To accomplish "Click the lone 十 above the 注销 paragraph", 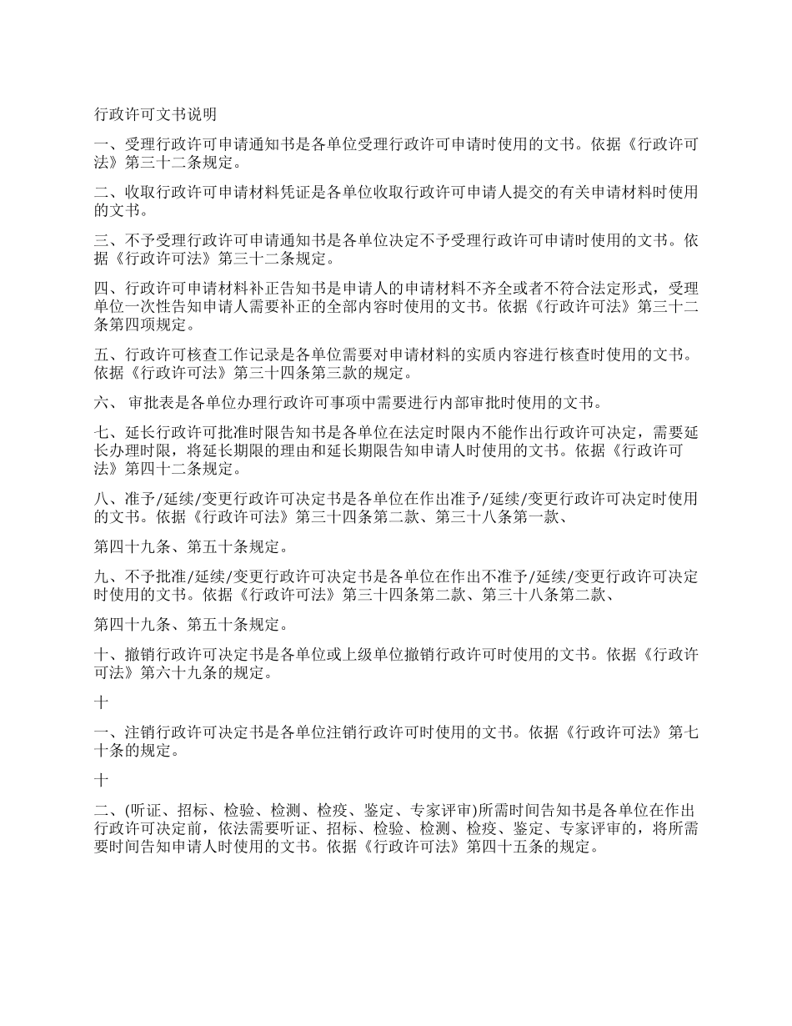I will pos(101,703).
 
